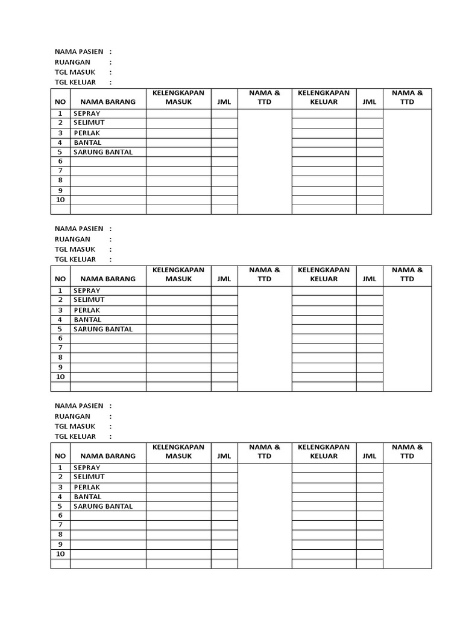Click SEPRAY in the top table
click(x=87, y=113)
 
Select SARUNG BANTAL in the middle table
click(x=102, y=329)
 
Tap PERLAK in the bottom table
click(x=87, y=487)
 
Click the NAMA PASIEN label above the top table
click(x=78, y=52)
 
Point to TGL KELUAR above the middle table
click(x=75, y=260)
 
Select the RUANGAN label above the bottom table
click(x=72, y=416)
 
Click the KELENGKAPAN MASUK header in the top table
click(x=178, y=97)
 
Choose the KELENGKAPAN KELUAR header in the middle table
click(x=324, y=274)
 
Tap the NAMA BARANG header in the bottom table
click(x=108, y=456)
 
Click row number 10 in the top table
click(x=60, y=200)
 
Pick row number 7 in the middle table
click(x=60, y=348)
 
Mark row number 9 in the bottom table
click(x=60, y=544)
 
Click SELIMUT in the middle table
click(x=89, y=300)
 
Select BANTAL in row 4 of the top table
click(x=87, y=142)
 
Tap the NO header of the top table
click(x=60, y=102)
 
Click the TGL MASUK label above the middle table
click(x=75, y=249)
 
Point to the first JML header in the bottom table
click(x=224, y=456)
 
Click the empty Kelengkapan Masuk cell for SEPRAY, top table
click(x=178, y=113)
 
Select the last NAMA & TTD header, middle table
click(x=407, y=274)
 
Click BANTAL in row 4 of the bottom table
click(x=87, y=497)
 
